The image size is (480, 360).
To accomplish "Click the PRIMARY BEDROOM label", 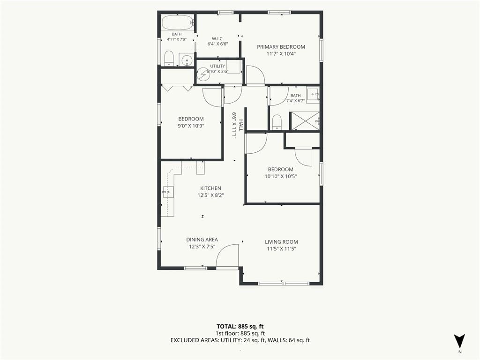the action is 281,47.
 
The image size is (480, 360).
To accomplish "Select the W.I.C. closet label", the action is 217,38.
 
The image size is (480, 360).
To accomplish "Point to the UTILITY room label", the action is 217,66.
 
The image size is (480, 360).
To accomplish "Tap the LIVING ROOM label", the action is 281,242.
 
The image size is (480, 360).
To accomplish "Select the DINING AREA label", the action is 202,240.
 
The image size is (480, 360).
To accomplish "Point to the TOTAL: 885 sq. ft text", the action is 240,326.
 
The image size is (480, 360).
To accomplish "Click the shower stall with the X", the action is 305,121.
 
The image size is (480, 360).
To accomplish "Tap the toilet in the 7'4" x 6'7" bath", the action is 277,122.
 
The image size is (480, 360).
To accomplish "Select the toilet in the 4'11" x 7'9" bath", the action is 169,58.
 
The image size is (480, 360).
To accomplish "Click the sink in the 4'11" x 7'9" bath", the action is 186,60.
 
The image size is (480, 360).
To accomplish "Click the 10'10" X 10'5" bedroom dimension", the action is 281,176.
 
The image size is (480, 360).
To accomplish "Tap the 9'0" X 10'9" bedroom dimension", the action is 191,126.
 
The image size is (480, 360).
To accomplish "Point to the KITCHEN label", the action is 210,188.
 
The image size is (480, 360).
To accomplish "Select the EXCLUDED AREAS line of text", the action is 240,340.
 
